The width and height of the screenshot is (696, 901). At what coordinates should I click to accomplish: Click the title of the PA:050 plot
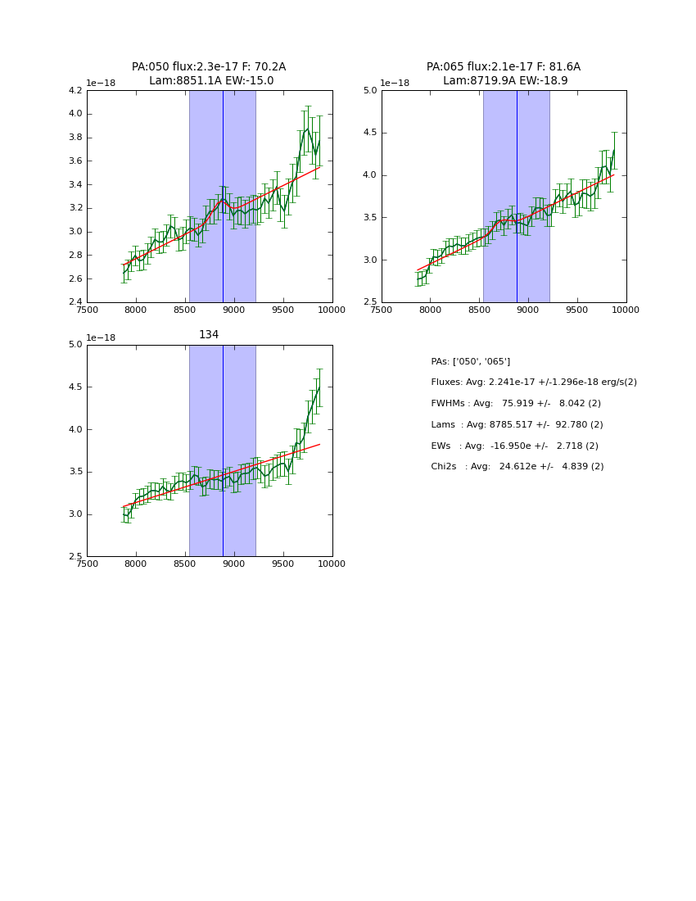click(209, 74)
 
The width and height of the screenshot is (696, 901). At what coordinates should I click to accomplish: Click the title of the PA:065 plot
click(504, 74)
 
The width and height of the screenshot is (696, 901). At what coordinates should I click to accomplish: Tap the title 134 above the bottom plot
click(209, 334)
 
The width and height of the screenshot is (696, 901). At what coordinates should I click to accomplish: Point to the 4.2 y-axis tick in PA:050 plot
click(75, 91)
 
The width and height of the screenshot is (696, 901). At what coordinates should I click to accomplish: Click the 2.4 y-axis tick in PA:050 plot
click(75, 302)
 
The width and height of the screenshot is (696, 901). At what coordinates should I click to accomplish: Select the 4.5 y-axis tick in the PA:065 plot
click(369, 133)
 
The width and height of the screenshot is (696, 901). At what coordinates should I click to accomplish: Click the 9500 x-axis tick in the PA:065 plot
click(577, 310)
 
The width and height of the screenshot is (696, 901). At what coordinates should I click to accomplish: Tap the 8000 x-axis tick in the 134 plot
click(136, 564)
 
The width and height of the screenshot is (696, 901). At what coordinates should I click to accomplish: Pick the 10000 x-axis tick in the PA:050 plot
click(332, 310)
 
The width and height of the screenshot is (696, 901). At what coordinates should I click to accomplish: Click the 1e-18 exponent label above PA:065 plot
click(395, 83)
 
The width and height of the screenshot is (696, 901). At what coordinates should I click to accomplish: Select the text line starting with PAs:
click(470, 361)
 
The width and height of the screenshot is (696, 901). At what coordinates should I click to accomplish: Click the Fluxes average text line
click(533, 383)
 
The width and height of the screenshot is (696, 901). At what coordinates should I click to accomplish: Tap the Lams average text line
click(517, 424)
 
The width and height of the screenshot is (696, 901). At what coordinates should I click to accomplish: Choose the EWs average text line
click(514, 446)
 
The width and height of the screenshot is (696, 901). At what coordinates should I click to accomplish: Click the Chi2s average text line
click(517, 466)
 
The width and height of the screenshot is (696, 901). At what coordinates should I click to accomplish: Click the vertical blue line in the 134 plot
click(223, 450)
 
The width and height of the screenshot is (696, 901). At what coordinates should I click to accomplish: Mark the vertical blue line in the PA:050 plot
click(223, 197)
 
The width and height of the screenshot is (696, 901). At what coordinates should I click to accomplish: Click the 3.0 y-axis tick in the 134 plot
click(75, 514)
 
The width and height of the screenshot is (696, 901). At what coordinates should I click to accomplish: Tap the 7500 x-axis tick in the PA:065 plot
click(382, 310)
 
